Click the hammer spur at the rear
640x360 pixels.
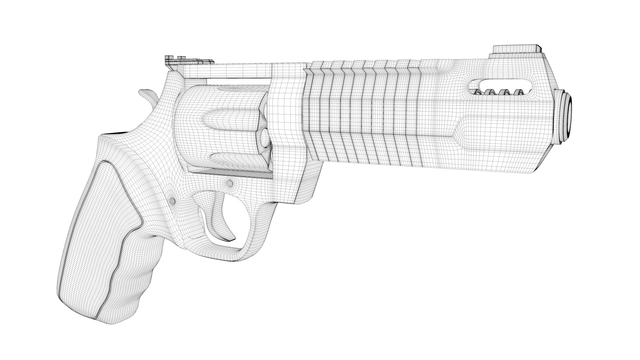(x=147, y=94)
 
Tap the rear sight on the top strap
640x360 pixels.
(x=188, y=61)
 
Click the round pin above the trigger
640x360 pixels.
(x=229, y=183)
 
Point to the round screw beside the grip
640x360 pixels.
(x=172, y=200)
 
